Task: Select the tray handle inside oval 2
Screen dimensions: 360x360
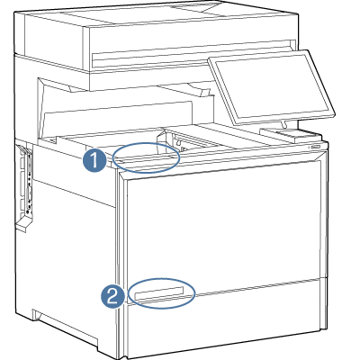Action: click(161, 293)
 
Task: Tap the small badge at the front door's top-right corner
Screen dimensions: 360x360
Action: click(316, 146)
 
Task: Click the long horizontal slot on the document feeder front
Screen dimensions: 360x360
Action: click(193, 62)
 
